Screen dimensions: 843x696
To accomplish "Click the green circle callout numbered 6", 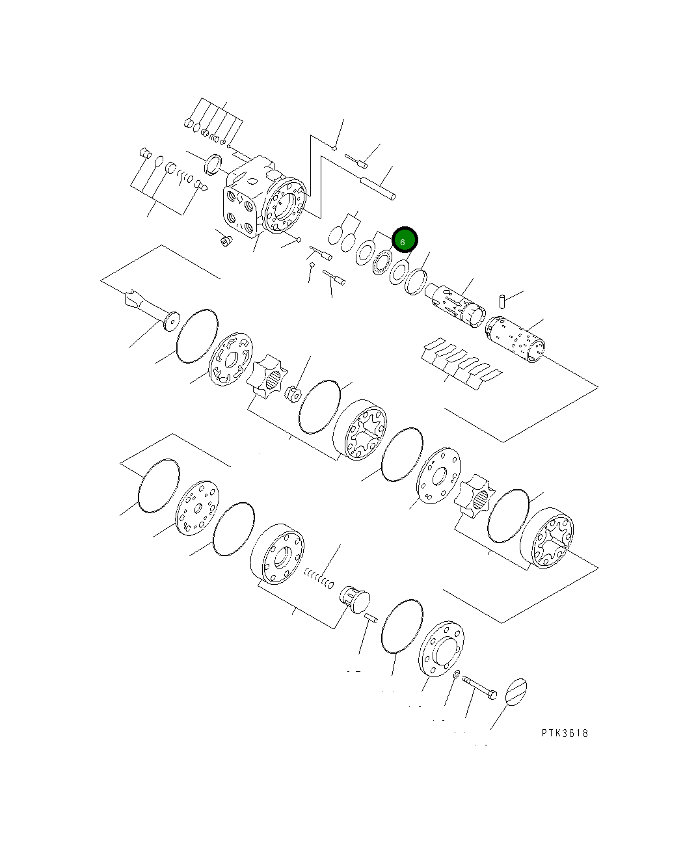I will point(404,241).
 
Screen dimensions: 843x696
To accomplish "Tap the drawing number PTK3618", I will point(565,733).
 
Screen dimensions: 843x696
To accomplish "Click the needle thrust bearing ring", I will point(381,263).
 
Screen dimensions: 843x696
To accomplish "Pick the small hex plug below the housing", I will point(226,241).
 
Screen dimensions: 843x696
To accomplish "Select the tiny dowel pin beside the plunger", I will point(371,618).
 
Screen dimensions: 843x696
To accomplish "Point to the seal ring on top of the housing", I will point(213,165).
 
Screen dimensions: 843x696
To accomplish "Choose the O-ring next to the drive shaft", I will point(196,336).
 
